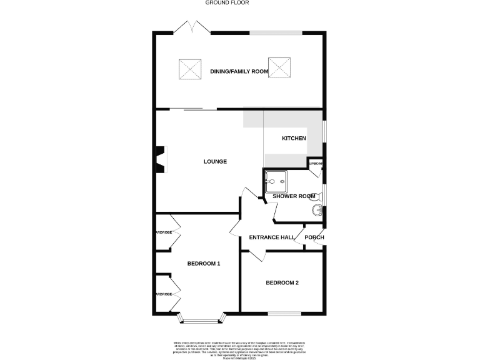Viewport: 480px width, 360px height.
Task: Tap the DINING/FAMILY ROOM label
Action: point(239,72)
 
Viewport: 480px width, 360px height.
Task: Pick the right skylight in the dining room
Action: point(279,67)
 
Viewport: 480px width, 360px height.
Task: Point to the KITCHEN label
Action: point(294,138)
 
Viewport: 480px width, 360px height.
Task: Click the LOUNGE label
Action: point(215,162)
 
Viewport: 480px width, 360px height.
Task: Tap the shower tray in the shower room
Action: point(275,181)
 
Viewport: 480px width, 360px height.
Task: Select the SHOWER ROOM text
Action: point(294,196)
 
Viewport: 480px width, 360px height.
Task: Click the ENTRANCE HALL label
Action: point(272,237)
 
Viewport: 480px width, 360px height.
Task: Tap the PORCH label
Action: point(314,237)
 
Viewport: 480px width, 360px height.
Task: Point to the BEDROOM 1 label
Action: point(204,263)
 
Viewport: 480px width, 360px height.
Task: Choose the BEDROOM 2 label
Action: point(282,283)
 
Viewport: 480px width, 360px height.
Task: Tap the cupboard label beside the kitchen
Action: point(316,164)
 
